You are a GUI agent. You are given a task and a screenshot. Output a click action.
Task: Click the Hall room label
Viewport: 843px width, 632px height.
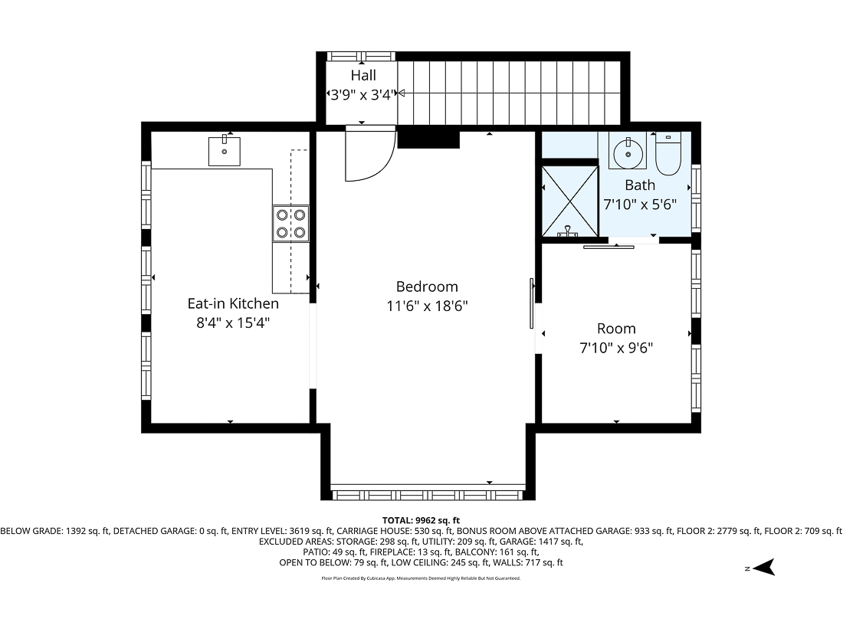(x=363, y=75)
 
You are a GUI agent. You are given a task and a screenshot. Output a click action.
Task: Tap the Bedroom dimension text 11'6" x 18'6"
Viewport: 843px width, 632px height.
(x=427, y=306)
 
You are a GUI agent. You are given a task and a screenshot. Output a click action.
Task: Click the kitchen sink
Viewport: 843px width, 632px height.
(x=225, y=152)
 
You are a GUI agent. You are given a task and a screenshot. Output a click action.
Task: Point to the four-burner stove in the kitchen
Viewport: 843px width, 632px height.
(x=291, y=224)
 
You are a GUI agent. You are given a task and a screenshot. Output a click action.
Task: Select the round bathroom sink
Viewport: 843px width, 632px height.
(x=628, y=152)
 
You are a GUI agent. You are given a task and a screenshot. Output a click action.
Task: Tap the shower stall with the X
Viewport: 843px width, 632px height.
(x=569, y=201)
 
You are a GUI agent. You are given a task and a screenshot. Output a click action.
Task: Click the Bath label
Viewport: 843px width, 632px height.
(x=640, y=185)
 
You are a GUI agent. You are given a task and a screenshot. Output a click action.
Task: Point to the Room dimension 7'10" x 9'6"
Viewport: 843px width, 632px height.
(x=616, y=348)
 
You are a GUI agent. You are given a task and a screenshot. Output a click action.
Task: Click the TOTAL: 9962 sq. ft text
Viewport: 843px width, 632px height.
(x=421, y=519)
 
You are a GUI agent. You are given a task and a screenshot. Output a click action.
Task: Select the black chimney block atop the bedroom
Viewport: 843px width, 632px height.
(x=428, y=139)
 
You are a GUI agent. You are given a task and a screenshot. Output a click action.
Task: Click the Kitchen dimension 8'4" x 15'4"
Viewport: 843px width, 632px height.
(x=232, y=323)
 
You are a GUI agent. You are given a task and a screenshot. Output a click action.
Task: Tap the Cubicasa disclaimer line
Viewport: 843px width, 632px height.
(x=421, y=578)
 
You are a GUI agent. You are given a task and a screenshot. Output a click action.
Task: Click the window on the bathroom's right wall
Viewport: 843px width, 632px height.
(x=695, y=198)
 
